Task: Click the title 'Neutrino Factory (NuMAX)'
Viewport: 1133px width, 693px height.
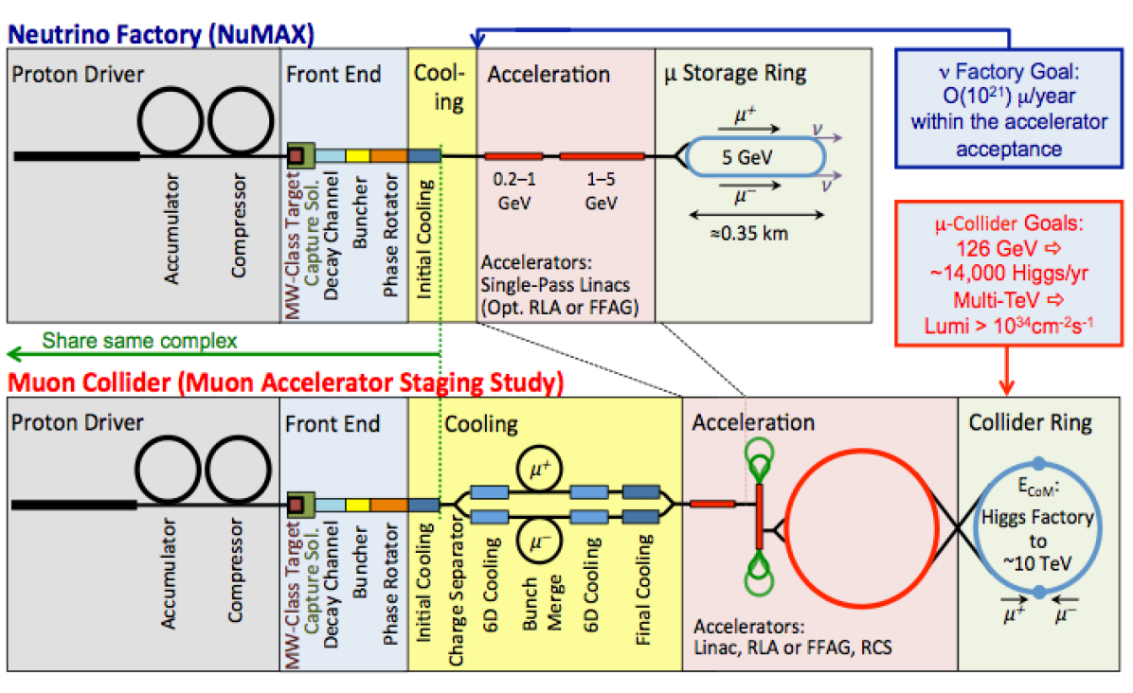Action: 160,34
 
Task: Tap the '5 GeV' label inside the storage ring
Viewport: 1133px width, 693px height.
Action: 747,156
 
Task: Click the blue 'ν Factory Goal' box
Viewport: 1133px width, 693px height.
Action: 1009,109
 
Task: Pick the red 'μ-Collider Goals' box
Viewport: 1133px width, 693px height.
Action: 1009,274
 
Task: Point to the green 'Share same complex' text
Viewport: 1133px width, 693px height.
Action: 139,341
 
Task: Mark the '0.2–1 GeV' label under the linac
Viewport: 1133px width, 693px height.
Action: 514,191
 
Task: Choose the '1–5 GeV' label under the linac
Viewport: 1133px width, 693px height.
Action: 602,191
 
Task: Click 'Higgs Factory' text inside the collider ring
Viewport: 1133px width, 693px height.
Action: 1037,517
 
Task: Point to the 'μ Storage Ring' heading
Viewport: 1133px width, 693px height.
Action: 735,73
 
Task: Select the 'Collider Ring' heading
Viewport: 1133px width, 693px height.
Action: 1031,422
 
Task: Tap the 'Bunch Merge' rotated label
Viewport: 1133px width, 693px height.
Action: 541,602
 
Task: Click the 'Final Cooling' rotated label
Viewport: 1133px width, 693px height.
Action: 643,589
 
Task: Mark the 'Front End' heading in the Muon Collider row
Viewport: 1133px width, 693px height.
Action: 333,423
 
